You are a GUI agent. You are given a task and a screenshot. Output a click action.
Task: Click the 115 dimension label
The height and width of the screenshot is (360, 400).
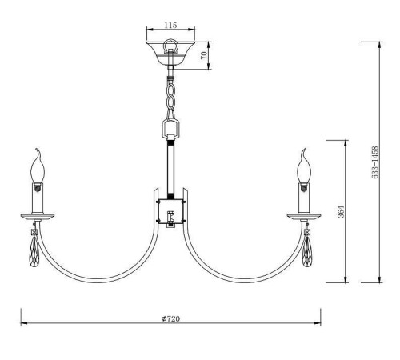(x=170, y=25)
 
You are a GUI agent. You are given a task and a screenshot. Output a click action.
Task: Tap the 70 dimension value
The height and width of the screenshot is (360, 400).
(x=204, y=55)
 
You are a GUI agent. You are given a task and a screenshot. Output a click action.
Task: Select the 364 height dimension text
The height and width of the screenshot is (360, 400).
(x=341, y=211)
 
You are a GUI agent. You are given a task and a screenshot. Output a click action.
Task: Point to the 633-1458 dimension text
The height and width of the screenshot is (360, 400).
(x=375, y=162)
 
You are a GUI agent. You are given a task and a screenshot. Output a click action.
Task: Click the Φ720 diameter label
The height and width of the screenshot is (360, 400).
(x=170, y=318)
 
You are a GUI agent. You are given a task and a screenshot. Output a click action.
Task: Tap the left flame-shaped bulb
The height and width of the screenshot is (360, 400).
(x=38, y=166)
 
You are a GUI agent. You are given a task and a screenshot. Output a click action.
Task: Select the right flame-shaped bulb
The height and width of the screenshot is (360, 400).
(x=304, y=166)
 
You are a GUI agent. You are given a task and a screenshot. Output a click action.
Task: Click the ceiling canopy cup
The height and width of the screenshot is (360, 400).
(x=170, y=53)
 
